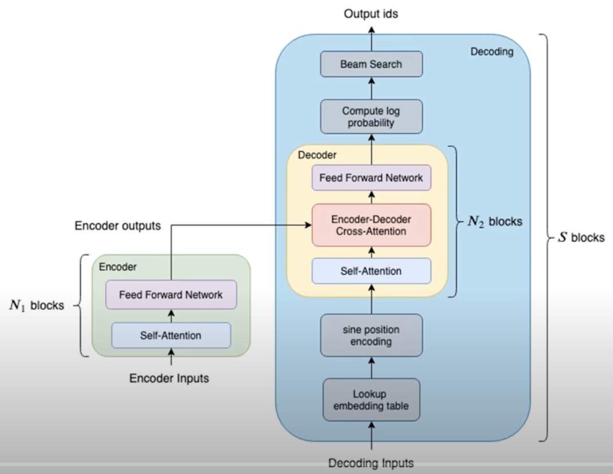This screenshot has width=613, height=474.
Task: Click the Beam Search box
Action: point(371,64)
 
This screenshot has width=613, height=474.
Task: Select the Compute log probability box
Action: point(371,116)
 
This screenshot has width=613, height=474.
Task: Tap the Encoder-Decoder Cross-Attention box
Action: point(371,225)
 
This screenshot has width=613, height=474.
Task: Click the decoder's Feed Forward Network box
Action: point(371,178)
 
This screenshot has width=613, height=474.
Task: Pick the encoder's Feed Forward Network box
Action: point(171,295)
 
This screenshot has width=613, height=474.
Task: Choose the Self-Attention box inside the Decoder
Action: point(371,271)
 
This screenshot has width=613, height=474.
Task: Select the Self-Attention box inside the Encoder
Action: point(171,335)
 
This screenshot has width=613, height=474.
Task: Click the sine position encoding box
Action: point(371,335)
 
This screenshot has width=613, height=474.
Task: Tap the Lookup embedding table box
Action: point(371,400)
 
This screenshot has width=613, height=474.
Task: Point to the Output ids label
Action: point(371,14)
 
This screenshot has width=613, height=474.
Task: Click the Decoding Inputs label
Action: point(371,463)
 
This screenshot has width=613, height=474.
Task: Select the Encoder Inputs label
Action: point(169,378)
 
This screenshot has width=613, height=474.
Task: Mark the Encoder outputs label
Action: point(117,226)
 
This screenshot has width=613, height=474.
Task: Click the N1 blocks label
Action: point(37,305)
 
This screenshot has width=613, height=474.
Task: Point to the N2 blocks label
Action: point(495,222)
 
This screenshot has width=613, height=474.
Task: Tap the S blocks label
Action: point(581,237)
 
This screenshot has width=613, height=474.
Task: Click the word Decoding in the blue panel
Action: point(492,52)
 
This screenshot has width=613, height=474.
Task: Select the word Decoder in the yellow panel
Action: point(317,155)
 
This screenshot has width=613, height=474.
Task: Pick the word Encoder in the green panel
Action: point(117,267)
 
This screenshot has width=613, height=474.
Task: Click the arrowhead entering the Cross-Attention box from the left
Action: point(308,225)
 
